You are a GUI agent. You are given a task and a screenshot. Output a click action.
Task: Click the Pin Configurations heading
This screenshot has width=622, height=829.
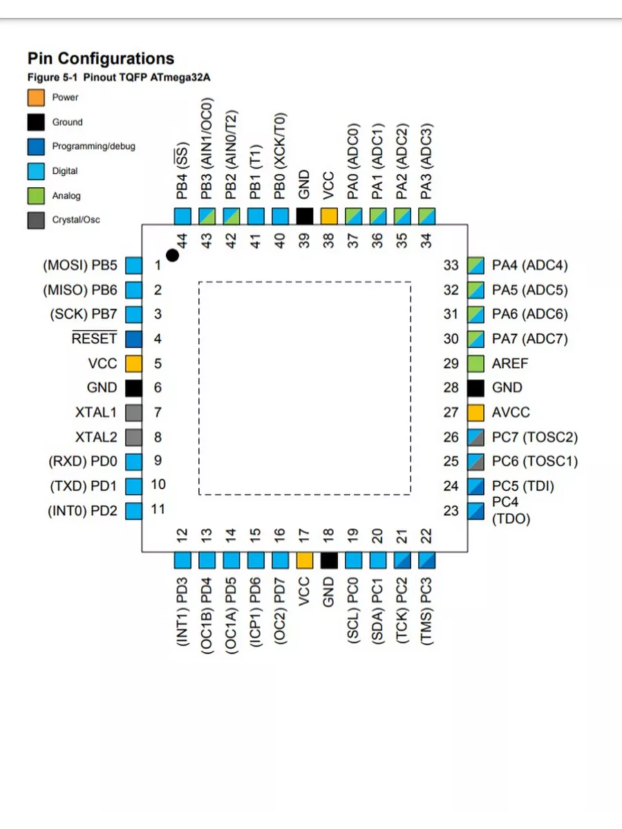click(100, 59)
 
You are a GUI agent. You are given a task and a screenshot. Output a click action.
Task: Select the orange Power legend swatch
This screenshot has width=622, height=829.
click(36, 97)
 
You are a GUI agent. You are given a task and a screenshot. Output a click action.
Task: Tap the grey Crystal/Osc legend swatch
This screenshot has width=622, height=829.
click(36, 220)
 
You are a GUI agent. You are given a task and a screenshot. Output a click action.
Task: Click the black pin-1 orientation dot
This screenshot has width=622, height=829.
click(172, 256)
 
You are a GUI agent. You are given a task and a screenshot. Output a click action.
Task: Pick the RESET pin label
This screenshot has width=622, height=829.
click(95, 339)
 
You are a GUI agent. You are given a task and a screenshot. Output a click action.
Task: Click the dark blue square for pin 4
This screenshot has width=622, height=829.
click(133, 339)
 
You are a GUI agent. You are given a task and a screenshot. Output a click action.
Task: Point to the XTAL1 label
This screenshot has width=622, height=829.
click(96, 412)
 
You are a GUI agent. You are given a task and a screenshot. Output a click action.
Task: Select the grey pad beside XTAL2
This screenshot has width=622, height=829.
click(133, 437)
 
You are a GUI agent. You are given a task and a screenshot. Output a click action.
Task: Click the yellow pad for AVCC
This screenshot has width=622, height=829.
click(475, 412)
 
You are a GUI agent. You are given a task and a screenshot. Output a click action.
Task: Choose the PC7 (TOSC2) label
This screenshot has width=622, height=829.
click(534, 437)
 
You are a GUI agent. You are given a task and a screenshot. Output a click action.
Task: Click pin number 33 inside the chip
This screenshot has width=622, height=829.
click(451, 265)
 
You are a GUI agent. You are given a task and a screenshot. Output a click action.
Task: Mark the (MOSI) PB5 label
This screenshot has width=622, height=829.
click(80, 265)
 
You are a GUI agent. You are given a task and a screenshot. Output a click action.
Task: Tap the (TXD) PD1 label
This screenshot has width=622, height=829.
click(84, 486)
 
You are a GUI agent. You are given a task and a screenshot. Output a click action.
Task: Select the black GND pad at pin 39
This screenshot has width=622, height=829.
click(305, 216)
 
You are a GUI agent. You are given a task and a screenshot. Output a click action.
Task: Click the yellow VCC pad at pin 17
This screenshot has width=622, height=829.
click(305, 560)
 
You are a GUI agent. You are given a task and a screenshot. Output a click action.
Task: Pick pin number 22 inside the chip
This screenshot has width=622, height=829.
click(427, 535)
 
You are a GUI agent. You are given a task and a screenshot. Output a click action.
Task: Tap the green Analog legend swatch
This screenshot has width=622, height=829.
click(36, 196)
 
